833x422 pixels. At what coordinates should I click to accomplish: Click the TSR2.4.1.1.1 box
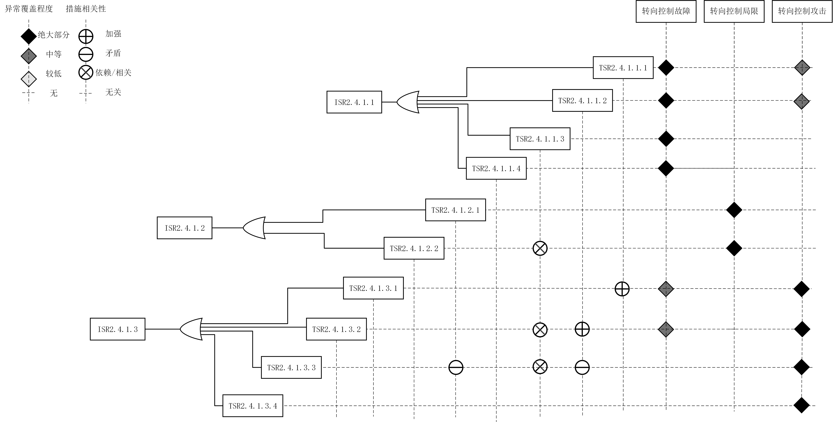(x=623, y=68)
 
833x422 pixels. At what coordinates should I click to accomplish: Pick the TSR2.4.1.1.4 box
(x=496, y=168)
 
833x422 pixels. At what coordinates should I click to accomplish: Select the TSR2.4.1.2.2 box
(x=414, y=248)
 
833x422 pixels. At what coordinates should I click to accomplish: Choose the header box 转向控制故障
(x=666, y=11)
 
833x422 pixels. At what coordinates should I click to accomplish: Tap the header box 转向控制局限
(x=734, y=11)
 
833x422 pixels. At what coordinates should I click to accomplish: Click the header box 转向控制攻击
(x=802, y=11)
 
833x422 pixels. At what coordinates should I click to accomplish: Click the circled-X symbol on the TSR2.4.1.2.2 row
(x=540, y=248)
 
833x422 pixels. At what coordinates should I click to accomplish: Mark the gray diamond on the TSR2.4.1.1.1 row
(x=802, y=68)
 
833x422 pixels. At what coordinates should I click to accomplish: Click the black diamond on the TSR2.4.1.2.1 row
(x=734, y=210)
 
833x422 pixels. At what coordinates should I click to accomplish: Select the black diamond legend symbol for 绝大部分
(x=29, y=36)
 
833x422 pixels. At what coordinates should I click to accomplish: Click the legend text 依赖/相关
(x=113, y=73)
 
